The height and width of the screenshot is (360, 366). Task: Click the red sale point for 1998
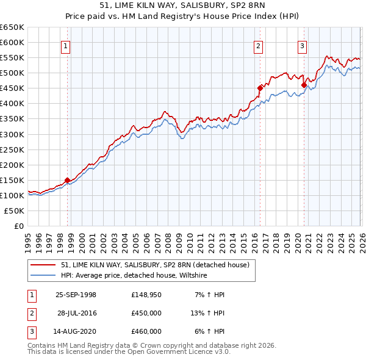tap(67, 180)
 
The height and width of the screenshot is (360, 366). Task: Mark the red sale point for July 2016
tap(260, 88)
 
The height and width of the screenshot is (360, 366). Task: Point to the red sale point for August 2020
tap(304, 85)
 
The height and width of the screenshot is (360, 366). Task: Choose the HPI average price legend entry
tap(134, 276)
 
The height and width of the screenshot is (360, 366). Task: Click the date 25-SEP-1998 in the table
tap(76, 295)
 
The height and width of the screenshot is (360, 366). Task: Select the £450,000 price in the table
tap(146, 313)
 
